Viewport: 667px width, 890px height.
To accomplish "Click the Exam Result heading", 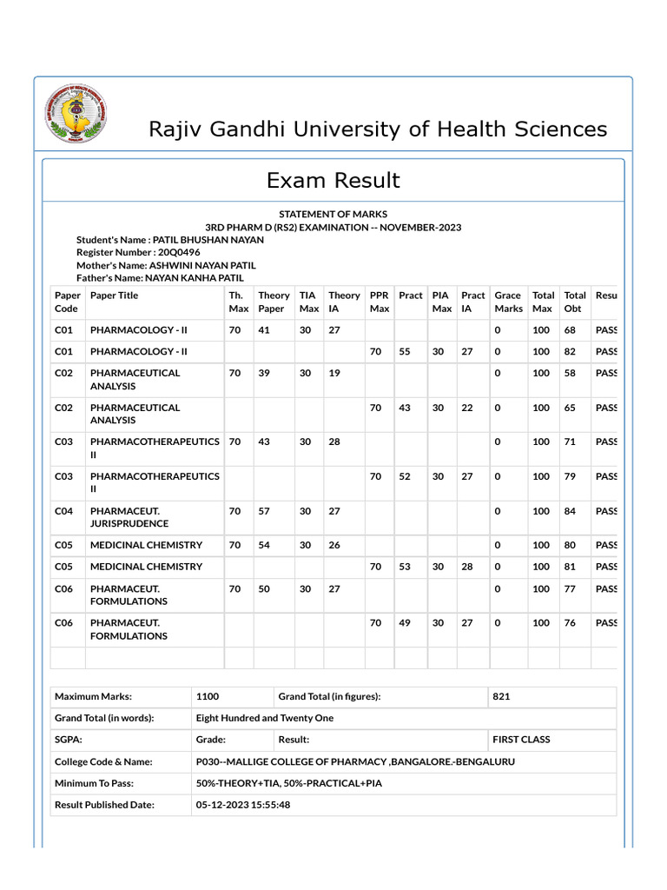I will coord(333,180).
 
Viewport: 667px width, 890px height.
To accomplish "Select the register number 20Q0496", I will coord(179,252).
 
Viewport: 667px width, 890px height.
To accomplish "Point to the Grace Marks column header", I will coord(508,302).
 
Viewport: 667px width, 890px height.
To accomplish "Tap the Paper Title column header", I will coord(114,296).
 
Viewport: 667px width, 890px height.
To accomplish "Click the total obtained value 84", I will coord(570,511).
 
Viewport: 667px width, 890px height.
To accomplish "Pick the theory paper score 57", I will coord(264,511).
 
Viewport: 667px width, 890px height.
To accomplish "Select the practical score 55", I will coord(405,351).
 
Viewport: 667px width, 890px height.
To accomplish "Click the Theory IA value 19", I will coord(333,372).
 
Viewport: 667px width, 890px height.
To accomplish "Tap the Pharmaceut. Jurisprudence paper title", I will coord(129,517).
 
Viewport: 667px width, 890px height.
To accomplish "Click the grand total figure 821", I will coord(501,696).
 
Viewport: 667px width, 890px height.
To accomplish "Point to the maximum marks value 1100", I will coord(208,696).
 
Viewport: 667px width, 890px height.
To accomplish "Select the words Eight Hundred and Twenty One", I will coord(265,718).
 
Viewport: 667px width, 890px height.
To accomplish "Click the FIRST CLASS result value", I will coord(521,740).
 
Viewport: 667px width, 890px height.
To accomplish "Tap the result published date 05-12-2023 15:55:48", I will coord(243,805).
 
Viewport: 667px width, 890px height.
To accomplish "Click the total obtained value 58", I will coord(570,372).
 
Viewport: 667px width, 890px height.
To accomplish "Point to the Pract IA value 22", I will coord(467,407).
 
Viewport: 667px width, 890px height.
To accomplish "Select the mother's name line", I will coord(166,265).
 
